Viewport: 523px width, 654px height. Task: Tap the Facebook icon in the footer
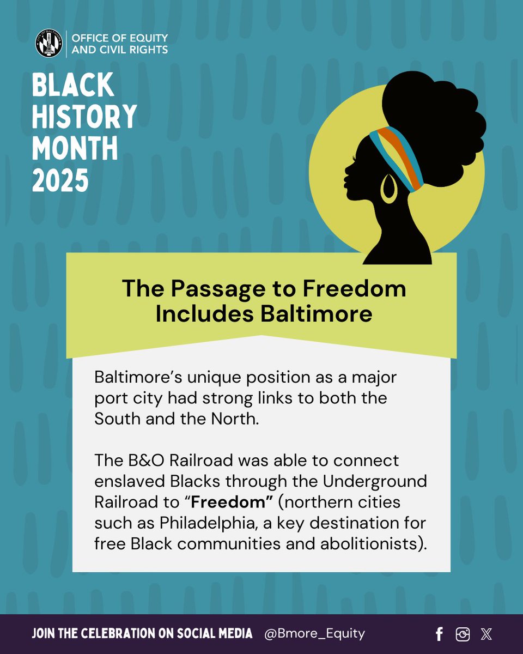(x=440, y=634)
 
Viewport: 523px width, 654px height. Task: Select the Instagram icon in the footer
(x=463, y=634)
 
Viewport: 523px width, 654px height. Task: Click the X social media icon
(x=486, y=634)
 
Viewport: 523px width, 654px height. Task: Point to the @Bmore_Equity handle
(x=314, y=633)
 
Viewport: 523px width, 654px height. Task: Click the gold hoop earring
(x=388, y=189)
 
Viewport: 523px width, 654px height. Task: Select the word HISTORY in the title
(x=84, y=116)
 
